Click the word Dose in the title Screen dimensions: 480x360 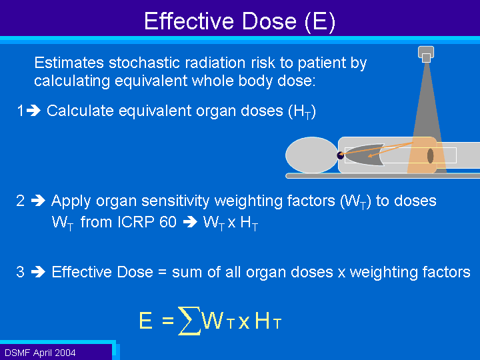pos(269,21)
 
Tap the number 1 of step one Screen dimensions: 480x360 pos(20,111)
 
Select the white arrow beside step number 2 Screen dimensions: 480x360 pos(38,201)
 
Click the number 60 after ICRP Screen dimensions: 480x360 pos(168,221)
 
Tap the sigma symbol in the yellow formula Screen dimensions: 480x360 pos(189,321)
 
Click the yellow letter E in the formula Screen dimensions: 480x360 pos(145,321)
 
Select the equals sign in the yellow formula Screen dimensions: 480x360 pos(168,321)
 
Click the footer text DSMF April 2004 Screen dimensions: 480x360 pos(40,353)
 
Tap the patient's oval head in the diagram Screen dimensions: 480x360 pos(311,155)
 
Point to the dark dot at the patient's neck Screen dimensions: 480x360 pos(341,155)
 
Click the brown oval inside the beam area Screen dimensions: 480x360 pos(431,156)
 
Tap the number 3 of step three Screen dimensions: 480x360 pos(20,272)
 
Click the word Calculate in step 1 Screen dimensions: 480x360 pos(80,111)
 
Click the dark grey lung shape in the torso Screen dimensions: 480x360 pos(366,155)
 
